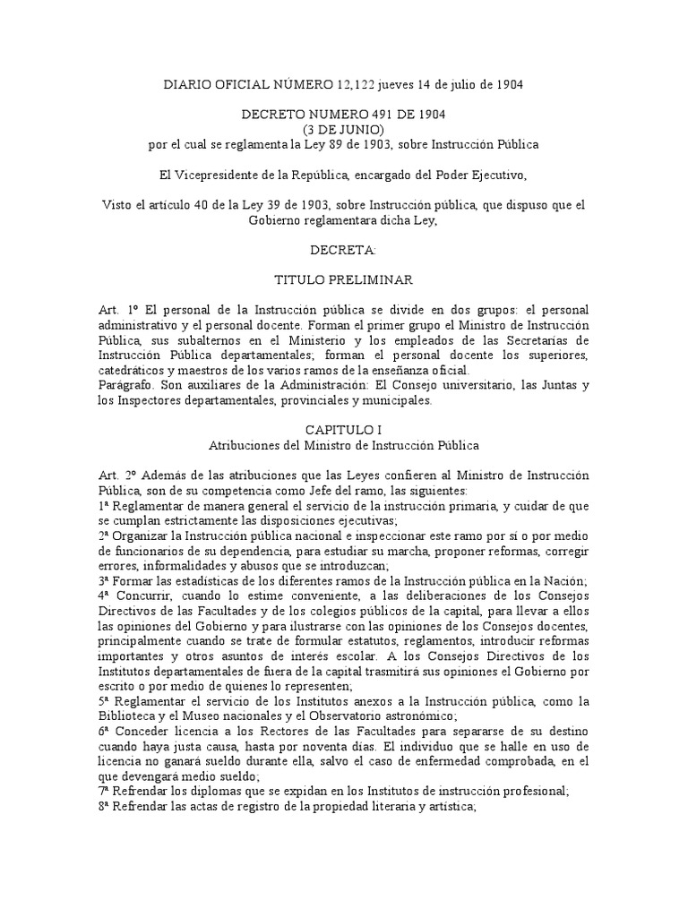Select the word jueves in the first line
[401, 85]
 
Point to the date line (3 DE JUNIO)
[344, 130]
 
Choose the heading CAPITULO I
[344, 429]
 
